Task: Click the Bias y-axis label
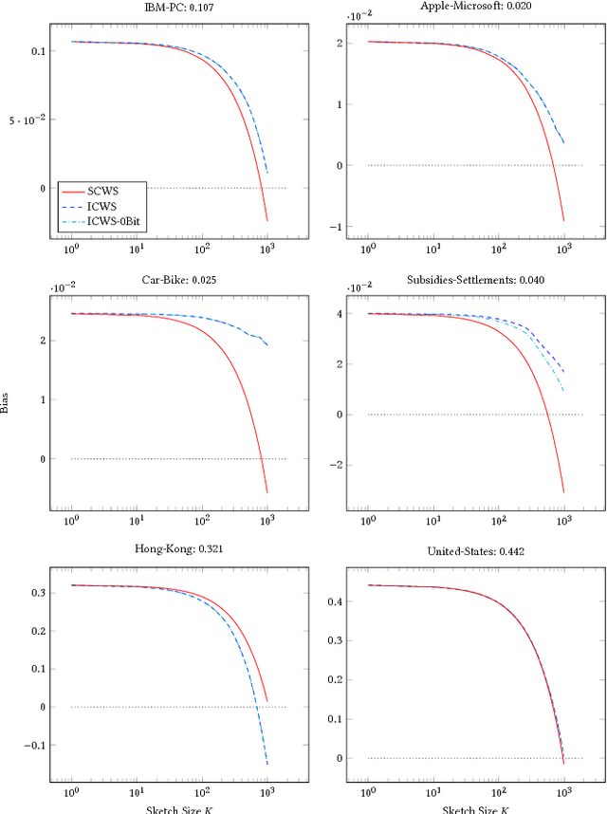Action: click(x=8, y=407)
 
